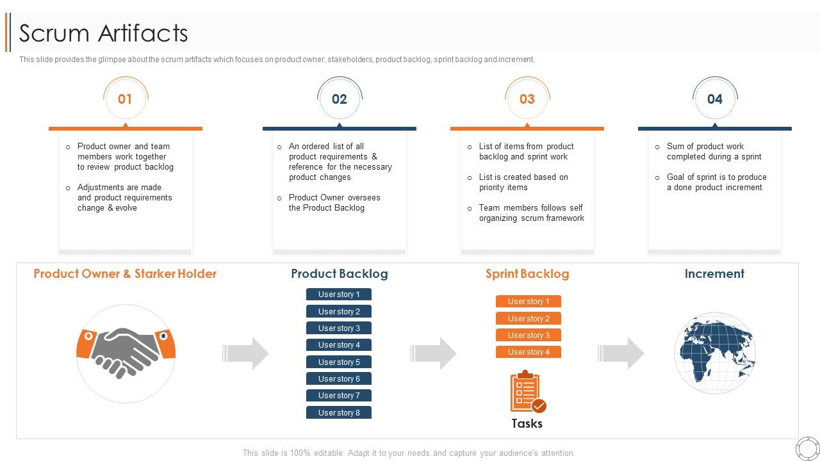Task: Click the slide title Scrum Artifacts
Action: pos(103,33)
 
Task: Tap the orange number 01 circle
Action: pos(125,99)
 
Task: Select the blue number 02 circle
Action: pos(339,99)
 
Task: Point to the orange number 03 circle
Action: pos(527,99)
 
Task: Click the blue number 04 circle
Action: pos(714,99)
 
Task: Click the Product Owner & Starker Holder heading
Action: pos(125,274)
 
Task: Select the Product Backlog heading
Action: pos(339,274)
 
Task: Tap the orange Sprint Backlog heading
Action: pos(527,274)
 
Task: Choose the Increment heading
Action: pos(714,274)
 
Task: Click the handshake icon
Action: pos(126,353)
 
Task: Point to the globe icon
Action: pos(715,353)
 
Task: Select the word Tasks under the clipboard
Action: pos(527,423)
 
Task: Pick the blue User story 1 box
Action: pos(339,295)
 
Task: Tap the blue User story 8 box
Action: pos(339,413)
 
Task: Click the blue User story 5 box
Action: pos(339,362)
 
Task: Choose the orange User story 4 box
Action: pos(528,352)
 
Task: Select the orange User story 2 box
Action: pos(528,318)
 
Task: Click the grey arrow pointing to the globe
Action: pos(622,353)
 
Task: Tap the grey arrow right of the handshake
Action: pos(247,353)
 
